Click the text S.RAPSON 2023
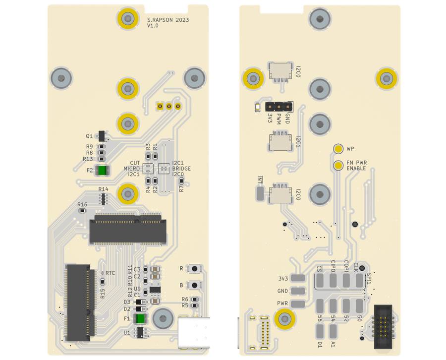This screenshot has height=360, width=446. point(168,20)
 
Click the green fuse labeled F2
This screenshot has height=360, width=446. point(102,171)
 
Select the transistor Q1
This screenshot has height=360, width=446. point(103,136)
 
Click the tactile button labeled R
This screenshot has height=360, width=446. point(195,268)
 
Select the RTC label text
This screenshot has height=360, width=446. point(110,273)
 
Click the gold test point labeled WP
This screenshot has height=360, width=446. point(338,149)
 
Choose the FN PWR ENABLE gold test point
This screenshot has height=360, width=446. point(338,165)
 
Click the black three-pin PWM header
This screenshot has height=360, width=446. point(279,106)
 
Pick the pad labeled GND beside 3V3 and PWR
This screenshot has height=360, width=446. point(298,291)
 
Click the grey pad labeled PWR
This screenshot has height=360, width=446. point(298,303)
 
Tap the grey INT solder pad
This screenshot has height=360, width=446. point(260,192)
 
